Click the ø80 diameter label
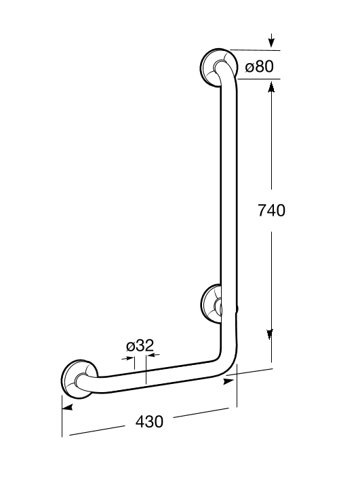coord(260,66)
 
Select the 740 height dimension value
coord(271,210)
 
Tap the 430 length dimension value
coord(149,421)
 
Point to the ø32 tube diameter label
coord(140,345)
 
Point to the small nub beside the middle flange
coord(238,310)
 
